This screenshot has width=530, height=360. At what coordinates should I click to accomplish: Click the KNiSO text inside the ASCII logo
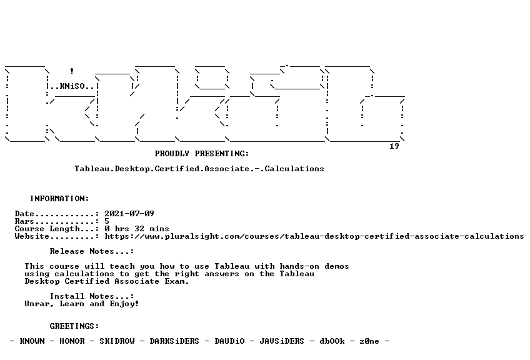pyautogui.click(x=72, y=86)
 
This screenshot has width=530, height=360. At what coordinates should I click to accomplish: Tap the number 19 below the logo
pyautogui.click(x=394, y=146)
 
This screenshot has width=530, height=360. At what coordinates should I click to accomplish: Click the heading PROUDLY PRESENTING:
pyautogui.click(x=202, y=154)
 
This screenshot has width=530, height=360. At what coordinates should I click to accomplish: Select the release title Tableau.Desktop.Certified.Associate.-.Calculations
pyautogui.click(x=199, y=169)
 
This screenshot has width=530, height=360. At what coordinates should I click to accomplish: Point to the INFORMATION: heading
pyautogui.click(x=59, y=198)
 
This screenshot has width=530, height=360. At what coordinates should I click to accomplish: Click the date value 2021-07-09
pyautogui.click(x=129, y=214)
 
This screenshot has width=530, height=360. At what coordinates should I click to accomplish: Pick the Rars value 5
pyautogui.click(x=107, y=221)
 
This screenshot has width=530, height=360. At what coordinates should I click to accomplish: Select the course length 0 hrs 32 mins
pyautogui.click(x=136, y=229)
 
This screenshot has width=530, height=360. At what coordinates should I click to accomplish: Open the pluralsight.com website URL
pyautogui.click(x=314, y=236)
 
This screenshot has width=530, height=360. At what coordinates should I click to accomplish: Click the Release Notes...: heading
pyautogui.click(x=92, y=251)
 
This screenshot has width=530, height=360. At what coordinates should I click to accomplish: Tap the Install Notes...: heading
pyautogui.click(x=92, y=296)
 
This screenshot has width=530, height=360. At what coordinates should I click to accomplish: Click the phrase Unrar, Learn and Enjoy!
pyautogui.click(x=82, y=304)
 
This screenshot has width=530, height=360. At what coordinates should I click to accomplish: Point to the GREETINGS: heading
pyautogui.click(x=74, y=326)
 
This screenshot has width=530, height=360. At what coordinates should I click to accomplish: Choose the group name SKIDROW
pyautogui.click(x=117, y=341)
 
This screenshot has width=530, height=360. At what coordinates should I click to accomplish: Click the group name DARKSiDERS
pyautogui.click(x=174, y=341)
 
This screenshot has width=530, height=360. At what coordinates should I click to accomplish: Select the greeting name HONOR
pyautogui.click(x=72, y=341)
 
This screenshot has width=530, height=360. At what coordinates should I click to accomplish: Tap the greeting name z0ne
pyautogui.click(x=369, y=341)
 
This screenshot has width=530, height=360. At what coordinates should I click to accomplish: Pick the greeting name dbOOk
pyautogui.click(x=332, y=341)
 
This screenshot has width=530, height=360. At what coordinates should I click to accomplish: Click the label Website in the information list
pyautogui.click(x=32, y=236)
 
